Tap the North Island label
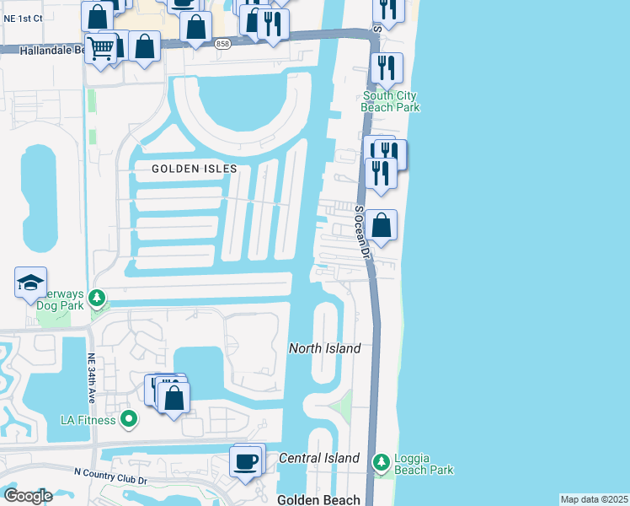tap(324, 348)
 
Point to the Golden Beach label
tap(318, 499)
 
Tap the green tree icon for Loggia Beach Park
tap(382, 461)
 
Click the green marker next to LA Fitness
tap(128, 417)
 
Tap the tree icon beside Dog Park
tap(98, 297)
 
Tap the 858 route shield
tap(222, 44)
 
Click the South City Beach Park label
tap(390, 101)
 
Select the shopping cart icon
tap(100, 49)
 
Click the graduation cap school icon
tap(30, 282)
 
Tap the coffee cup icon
tap(245, 461)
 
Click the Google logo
tap(28, 496)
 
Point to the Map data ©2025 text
tap(594, 499)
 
